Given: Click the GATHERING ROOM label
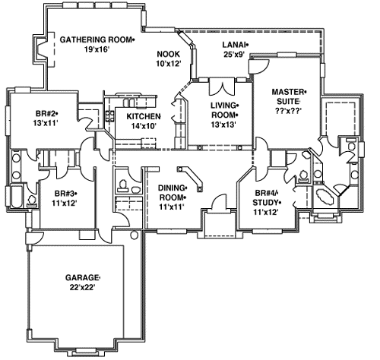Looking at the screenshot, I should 96,39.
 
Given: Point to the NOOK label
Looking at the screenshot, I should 168,54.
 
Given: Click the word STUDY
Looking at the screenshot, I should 268,203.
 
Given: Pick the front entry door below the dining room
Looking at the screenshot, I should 219,204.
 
